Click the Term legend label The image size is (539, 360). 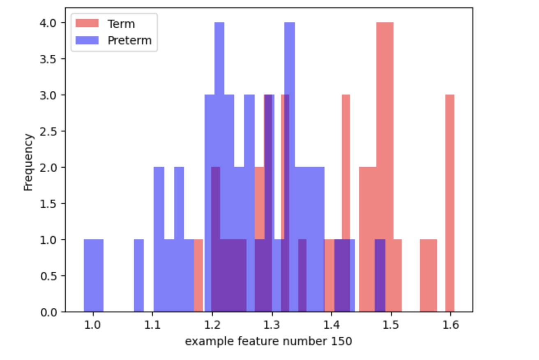click(121, 23)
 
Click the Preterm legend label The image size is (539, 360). click(129, 40)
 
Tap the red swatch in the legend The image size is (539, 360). click(88, 23)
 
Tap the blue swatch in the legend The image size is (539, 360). click(88, 40)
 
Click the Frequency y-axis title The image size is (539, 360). click(28, 162)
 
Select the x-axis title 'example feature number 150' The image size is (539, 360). click(268, 341)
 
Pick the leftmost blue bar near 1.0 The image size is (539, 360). click(93, 275)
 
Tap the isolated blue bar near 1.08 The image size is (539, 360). click(139, 275)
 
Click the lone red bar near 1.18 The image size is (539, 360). click(198, 275)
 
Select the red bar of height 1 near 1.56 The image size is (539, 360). click(428, 275)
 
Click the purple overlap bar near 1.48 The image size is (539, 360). click(380, 275)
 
